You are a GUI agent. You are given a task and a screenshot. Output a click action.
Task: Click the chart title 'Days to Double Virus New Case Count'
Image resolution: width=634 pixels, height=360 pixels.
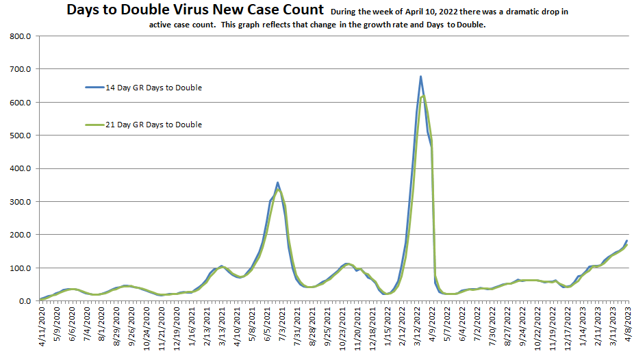(194, 10)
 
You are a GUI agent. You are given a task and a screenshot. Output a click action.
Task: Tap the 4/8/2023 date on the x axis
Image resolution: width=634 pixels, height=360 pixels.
(627, 327)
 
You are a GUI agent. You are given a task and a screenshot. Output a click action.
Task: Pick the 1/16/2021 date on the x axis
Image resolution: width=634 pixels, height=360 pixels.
(191, 327)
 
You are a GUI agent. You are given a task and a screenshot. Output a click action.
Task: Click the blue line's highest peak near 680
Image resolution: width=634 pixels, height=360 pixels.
(420, 76)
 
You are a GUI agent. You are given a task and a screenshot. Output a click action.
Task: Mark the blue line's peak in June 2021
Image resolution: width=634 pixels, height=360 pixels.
(277, 183)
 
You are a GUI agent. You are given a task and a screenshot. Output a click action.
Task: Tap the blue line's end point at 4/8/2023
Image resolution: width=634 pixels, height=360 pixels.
(626, 240)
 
